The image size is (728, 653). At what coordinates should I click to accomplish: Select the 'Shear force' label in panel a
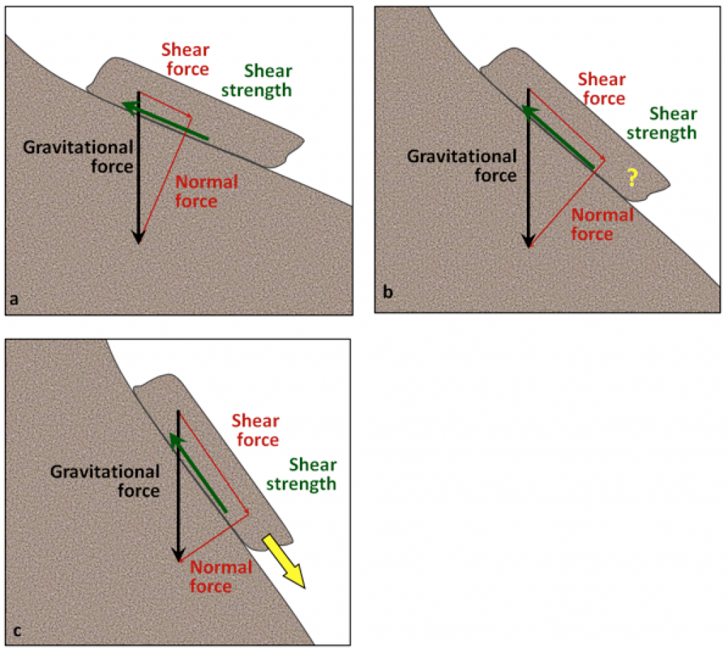click(186, 59)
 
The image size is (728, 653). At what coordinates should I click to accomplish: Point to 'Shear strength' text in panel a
click(267, 80)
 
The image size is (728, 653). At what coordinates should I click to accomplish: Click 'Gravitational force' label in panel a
click(78, 157)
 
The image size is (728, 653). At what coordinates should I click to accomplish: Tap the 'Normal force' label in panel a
click(206, 191)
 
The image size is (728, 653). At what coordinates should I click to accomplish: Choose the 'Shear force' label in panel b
click(601, 88)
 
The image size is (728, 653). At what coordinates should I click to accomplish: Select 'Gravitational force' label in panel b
click(461, 165)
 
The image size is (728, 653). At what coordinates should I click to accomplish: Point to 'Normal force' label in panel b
click(602, 224)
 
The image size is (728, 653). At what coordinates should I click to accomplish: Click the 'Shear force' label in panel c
click(256, 430)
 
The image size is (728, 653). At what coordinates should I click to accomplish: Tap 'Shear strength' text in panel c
click(312, 475)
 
